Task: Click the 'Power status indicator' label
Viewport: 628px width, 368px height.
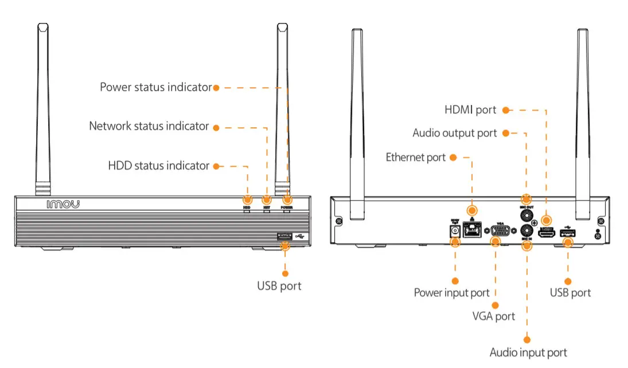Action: pos(155,88)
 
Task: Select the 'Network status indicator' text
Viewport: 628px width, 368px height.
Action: pos(149,126)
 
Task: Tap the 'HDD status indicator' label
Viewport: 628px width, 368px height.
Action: pos(158,166)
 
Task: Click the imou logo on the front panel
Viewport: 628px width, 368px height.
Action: pos(63,204)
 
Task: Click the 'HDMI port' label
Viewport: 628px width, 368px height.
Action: pos(470,109)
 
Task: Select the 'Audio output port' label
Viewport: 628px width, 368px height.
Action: pos(454,133)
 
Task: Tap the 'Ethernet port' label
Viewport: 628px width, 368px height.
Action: pos(415,157)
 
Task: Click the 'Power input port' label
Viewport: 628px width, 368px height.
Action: pos(451,293)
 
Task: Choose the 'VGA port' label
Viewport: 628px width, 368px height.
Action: pos(493,316)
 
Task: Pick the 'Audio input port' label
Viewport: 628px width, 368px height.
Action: pos(528,353)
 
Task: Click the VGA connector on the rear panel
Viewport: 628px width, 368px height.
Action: pos(501,232)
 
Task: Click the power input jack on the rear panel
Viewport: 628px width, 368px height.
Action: pos(455,231)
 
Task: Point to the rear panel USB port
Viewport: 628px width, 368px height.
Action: pos(568,233)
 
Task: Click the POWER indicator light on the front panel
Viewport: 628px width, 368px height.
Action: pos(287,200)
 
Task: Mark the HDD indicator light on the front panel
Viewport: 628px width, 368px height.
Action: pos(247,200)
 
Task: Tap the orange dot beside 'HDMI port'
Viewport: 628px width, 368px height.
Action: pos(506,109)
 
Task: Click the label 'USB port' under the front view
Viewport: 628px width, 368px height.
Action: pos(279,285)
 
